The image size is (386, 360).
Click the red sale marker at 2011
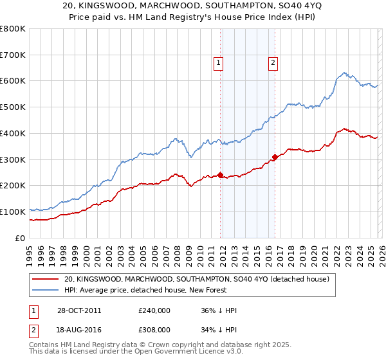221,174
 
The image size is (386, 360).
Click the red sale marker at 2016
275,156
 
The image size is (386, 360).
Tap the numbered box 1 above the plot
219,63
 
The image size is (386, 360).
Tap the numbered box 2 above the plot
273,63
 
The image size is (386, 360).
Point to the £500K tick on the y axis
14,107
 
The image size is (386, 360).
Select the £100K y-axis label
14,212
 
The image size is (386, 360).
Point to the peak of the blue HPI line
345,72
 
